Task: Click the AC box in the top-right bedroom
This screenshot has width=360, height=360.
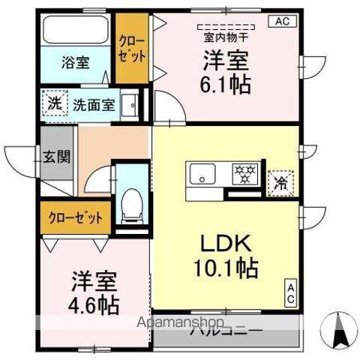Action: (283, 21)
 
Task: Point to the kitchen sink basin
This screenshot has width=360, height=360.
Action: (202, 175)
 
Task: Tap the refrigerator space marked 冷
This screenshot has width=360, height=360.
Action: (280, 181)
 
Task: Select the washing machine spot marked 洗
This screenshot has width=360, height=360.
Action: (55, 104)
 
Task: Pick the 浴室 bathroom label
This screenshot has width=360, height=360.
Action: (75, 63)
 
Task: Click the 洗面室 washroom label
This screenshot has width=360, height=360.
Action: (94, 105)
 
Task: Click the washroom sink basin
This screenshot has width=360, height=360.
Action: (129, 104)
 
